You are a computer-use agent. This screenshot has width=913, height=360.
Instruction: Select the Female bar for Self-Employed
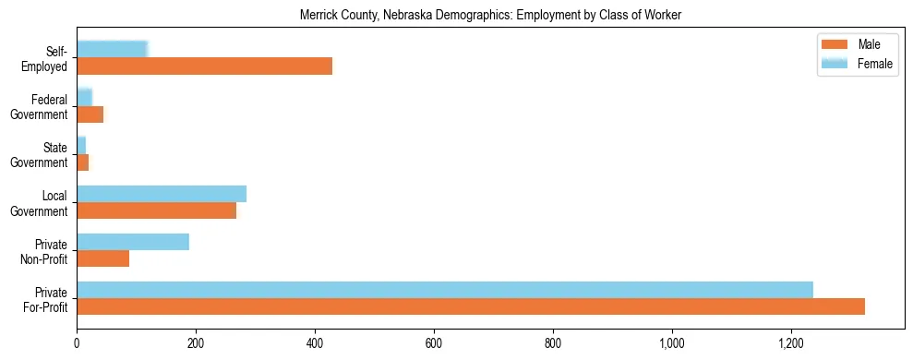112,50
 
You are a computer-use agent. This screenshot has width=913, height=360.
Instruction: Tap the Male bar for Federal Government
90,114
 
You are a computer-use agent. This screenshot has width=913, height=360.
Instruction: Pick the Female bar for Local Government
162,194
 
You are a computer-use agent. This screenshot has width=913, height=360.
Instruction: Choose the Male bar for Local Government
156,210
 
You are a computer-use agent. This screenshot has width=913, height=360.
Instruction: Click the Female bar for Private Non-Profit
133,242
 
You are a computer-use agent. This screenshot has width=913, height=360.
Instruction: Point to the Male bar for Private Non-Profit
102,258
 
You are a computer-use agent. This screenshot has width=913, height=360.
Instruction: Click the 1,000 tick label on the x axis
672,343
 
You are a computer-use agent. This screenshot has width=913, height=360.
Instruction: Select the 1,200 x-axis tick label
791,343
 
